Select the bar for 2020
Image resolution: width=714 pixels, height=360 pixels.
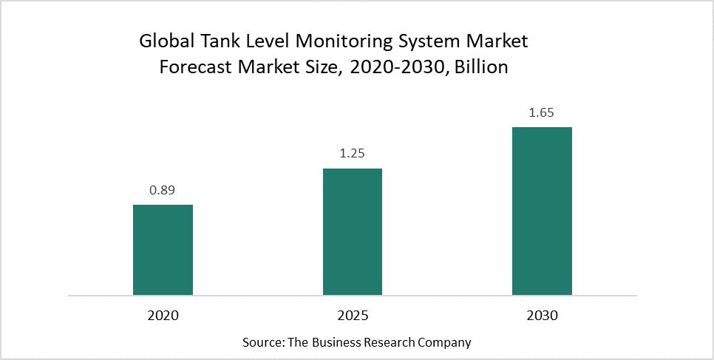click(163, 250)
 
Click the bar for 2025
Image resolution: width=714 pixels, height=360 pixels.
click(353, 231)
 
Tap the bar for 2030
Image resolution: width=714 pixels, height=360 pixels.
click(542, 211)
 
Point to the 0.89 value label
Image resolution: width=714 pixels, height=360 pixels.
click(163, 190)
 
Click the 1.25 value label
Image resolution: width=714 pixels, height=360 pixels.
click(353, 154)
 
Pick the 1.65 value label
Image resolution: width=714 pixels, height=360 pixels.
click(542, 113)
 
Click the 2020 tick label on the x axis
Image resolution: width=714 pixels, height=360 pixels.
click(163, 316)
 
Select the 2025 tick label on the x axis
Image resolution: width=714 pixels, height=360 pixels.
click(353, 316)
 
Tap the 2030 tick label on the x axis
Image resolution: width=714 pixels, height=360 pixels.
click(542, 316)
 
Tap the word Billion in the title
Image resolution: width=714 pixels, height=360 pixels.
click(481, 67)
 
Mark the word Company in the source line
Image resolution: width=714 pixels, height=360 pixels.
click(445, 344)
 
